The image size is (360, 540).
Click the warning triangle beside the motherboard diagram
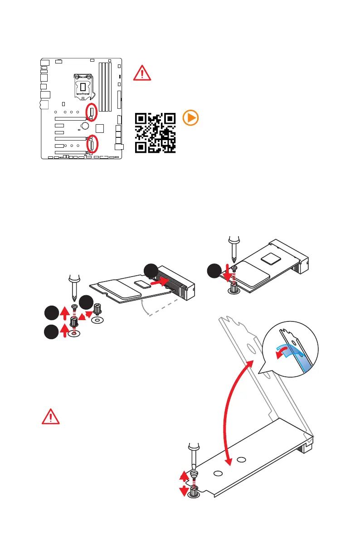pyautogui.click(x=142, y=73)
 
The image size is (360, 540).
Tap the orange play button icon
pyautogui.click(x=190, y=118)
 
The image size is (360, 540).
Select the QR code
pyautogui.click(x=155, y=132)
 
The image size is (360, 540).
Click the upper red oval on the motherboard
pyautogui.click(x=92, y=112)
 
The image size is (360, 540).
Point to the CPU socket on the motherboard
pyautogui.click(x=84, y=86)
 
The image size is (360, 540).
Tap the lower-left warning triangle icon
pyautogui.click(x=50, y=416)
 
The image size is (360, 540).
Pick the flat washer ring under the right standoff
pyautogui.click(x=96, y=320)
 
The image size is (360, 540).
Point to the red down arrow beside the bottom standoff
pyautogui.click(x=184, y=491)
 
